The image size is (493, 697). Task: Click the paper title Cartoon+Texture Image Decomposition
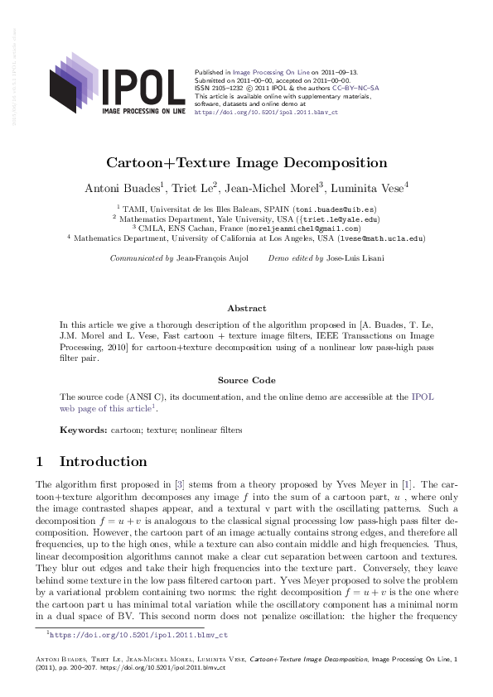pos(246,163)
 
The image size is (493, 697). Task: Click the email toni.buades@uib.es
pos(329,210)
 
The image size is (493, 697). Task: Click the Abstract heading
pos(246,307)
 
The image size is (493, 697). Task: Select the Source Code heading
pos(246,380)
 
